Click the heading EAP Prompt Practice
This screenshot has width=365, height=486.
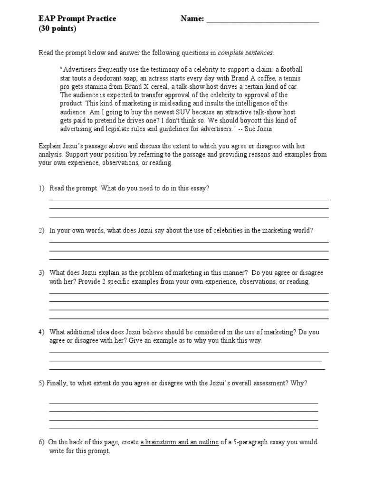click(x=77, y=19)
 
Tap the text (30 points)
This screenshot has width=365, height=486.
click(x=57, y=28)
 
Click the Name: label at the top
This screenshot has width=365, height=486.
click(x=192, y=19)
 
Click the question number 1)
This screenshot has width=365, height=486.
click(x=42, y=188)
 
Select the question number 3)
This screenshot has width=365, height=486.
click(x=42, y=273)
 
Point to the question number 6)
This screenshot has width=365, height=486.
click(x=42, y=442)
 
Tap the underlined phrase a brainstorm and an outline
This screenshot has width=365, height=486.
click(x=179, y=442)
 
